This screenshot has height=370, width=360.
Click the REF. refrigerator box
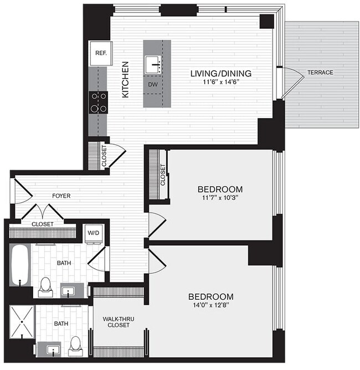[x=101, y=53]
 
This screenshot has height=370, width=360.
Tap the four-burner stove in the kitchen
[x=99, y=102]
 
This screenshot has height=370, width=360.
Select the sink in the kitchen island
[x=153, y=64]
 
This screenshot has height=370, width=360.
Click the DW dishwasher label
[x=153, y=85]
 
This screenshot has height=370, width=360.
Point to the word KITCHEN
[x=125, y=80]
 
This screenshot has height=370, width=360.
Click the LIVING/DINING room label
[x=221, y=73]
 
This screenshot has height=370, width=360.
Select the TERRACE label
[x=320, y=72]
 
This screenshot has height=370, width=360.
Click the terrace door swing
[x=292, y=83]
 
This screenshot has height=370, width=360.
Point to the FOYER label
[x=61, y=196]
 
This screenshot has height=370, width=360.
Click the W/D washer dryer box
[x=94, y=234]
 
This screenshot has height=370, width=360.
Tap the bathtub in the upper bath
[x=20, y=265]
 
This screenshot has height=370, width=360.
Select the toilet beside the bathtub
[x=45, y=287]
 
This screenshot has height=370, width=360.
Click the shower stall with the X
[x=22, y=322]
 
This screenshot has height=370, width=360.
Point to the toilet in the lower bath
[x=75, y=346]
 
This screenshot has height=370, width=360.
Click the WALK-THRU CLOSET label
[x=119, y=322]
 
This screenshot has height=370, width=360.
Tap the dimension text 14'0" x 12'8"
[x=211, y=305]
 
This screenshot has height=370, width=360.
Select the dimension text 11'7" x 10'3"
[x=220, y=198]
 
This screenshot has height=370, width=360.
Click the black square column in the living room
[x=267, y=22]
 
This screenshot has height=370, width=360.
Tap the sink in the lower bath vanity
[x=53, y=350]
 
